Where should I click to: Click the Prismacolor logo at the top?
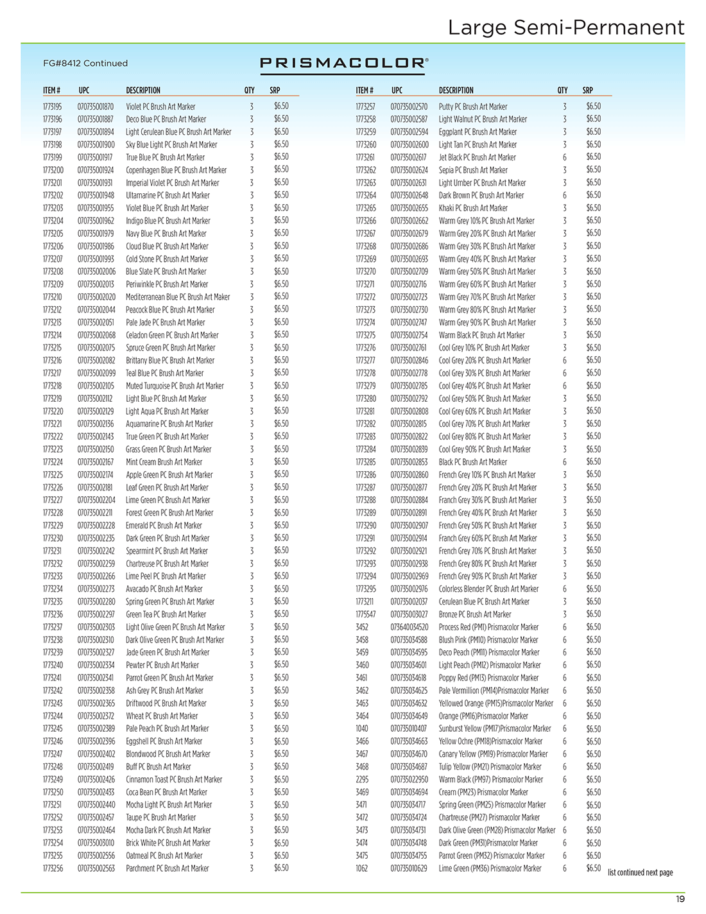pos(344,63)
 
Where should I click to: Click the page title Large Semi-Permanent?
pos(565,28)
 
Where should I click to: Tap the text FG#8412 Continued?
pos(85,64)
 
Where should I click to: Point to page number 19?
pos(680,899)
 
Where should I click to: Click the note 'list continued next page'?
pos(640,872)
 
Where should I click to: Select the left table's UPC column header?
pos(84,91)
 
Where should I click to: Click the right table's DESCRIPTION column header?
pos(456,91)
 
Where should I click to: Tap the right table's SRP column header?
pos(587,91)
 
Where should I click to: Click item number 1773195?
pos(53,107)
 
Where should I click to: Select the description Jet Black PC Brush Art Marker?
pos(477,157)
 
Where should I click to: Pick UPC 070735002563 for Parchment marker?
pos(96,868)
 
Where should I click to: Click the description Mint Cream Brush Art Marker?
pos(164,462)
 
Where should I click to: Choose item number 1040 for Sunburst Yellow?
pos(362,729)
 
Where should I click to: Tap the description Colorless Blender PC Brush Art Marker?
pos(488,589)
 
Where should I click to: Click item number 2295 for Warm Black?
pos(362,779)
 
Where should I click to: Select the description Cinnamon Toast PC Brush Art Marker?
pos(174,779)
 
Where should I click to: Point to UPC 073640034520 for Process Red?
pos(409,627)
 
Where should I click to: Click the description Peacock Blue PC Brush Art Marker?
pos(170,309)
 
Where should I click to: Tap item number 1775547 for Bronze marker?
pos(366,614)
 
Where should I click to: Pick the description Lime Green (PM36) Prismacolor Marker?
pos(490,868)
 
